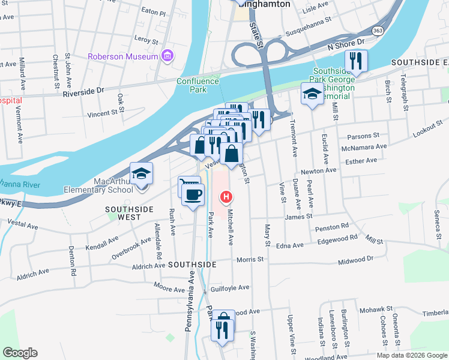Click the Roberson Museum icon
(167, 57)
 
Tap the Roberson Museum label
(123, 57)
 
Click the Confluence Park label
(191, 85)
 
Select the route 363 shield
(378, 31)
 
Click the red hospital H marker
(226, 196)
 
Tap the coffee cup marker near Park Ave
(192, 196)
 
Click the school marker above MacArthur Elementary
(141, 174)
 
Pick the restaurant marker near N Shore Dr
(356, 61)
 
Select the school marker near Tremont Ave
(312, 94)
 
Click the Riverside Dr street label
(83, 92)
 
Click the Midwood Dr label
(356, 259)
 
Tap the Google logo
(20, 353)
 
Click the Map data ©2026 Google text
(412, 355)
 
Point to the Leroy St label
(146, 40)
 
